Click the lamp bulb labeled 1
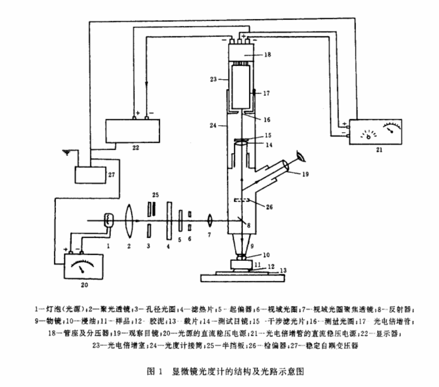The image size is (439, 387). click(x=109, y=221)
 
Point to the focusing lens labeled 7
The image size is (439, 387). click(x=209, y=220)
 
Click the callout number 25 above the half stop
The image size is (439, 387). click(x=155, y=195)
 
